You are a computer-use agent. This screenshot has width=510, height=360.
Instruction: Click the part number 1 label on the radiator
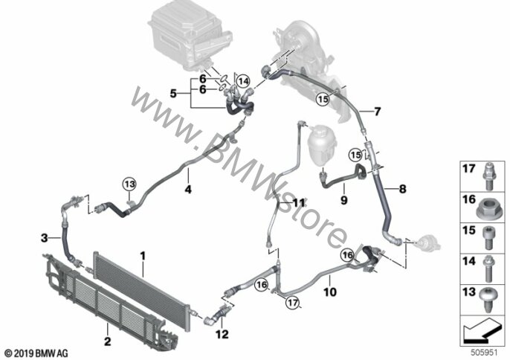(x=143, y=257)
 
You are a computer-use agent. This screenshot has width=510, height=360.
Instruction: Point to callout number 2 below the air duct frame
(x=107, y=341)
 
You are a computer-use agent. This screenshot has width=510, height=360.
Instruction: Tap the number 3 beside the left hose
(x=45, y=238)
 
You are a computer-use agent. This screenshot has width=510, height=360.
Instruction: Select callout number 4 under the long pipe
(x=188, y=189)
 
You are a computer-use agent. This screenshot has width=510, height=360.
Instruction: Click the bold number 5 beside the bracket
(x=173, y=94)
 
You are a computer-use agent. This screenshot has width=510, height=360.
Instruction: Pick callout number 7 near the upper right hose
(x=378, y=112)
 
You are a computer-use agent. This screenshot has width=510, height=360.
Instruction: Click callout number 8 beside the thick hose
(x=403, y=188)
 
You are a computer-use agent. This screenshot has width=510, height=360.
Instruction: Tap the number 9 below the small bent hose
(x=344, y=200)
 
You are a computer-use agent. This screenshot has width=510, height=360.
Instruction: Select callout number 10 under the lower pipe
(x=330, y=292)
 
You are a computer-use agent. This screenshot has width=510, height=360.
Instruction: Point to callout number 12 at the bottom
(x=222, y=334)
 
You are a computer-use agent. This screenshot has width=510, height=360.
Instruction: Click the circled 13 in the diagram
(x=130, y=184)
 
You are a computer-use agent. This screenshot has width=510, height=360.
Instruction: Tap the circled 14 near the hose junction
(x=243, y=81)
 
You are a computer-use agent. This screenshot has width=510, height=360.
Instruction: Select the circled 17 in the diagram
(x=292, y=303)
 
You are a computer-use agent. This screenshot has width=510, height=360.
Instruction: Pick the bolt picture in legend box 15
(x=488, y=238)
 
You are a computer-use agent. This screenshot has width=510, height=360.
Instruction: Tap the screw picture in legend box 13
(x=488, y=300)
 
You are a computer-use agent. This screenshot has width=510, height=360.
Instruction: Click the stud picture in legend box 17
(x=488, y=176)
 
